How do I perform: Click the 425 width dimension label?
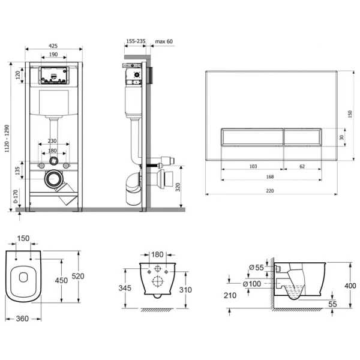coord(53,46)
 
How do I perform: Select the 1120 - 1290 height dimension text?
coord(7,138)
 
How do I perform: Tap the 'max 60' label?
coord(164,41)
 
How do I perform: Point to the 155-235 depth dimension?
coord(136,41)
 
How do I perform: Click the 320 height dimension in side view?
coord(178,187)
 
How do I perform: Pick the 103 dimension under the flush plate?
coord(253,166)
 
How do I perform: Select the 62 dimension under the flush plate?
coord(302,166)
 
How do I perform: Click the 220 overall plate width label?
coord(270,191)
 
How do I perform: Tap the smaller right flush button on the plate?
coord(302,137)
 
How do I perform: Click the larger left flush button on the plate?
coord(253,137)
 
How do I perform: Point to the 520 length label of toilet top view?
coord(78,276)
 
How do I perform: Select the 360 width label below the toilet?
coord(22,319)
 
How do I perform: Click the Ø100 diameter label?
coord(252,284)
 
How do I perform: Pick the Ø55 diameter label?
coord(256,268)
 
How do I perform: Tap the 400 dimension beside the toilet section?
coord(350,286)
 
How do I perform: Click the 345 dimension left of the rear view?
coord(125,288)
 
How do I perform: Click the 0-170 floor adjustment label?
coord(16,196)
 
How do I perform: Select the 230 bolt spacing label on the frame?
coord(52,141)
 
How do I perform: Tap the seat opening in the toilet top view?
coord(23,277)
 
